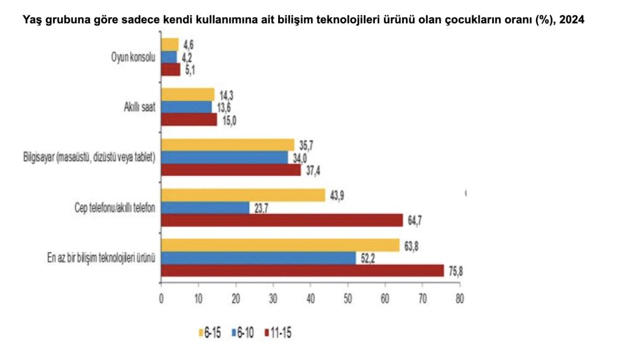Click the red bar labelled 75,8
pos(302,270)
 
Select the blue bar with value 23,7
pos(205,208)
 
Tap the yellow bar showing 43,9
pos(243,195)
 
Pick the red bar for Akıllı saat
pos(189,120)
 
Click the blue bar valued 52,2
pos(258,258)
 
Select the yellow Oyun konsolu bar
pos(170,45)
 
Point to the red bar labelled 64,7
pos(282,220)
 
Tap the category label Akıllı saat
pos(136,108)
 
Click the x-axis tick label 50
pos(348,297)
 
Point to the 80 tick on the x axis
pos(460,297)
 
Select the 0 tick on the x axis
pos(161,297)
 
